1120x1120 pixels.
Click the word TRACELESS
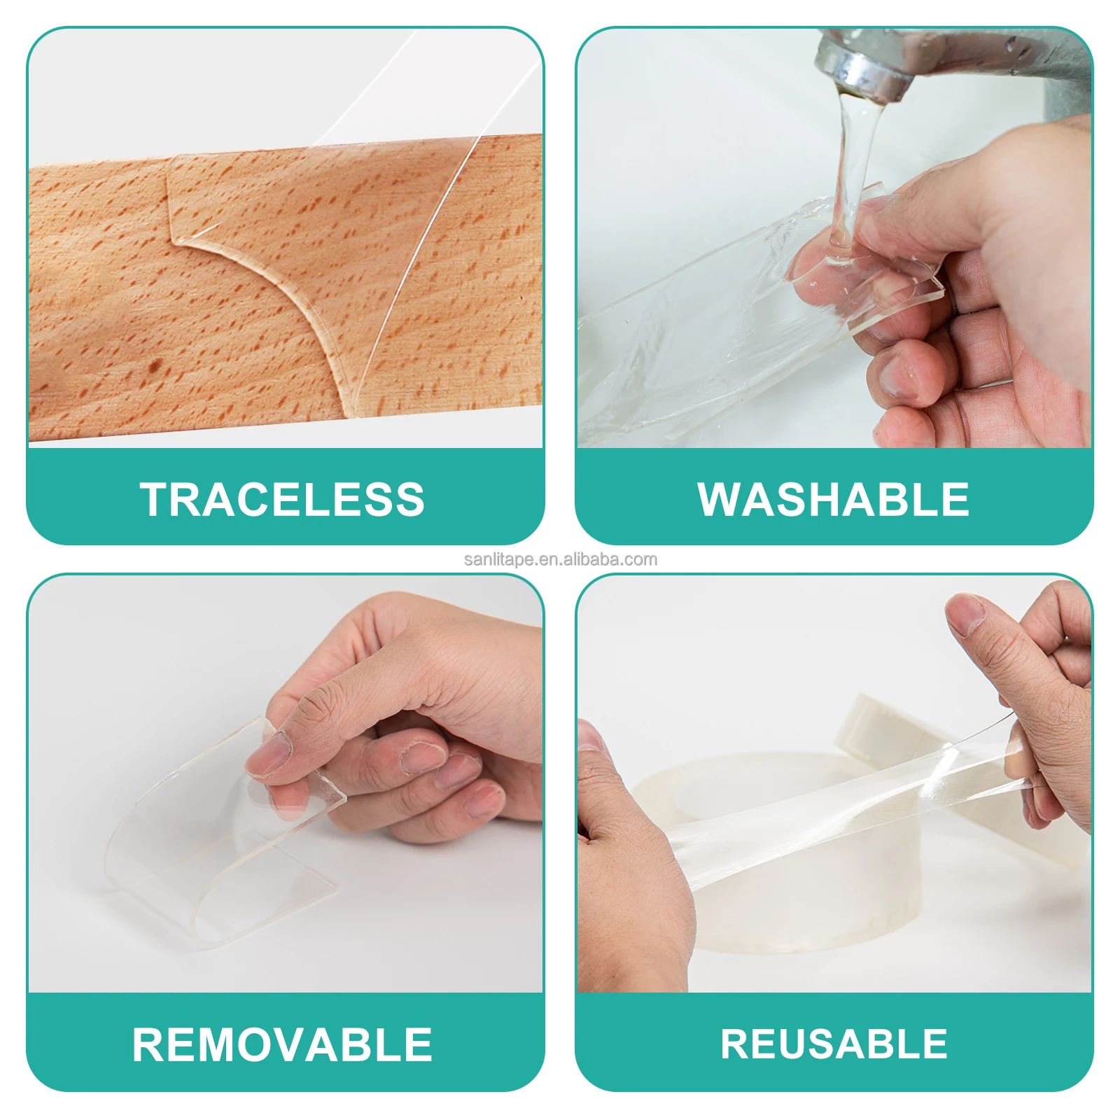click(x=282, y=499)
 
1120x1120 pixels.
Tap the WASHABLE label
click(x=833, y=499)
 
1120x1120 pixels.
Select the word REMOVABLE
click(x=282, y=1044)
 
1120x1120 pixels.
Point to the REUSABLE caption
click(x=834, y=1044)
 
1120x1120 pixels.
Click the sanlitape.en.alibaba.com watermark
click(x=560, y=559)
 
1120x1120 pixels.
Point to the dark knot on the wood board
click(x=155, y=365)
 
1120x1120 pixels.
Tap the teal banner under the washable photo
click(x=833, y=532)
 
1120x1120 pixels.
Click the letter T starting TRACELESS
click(x=154, y=499)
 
